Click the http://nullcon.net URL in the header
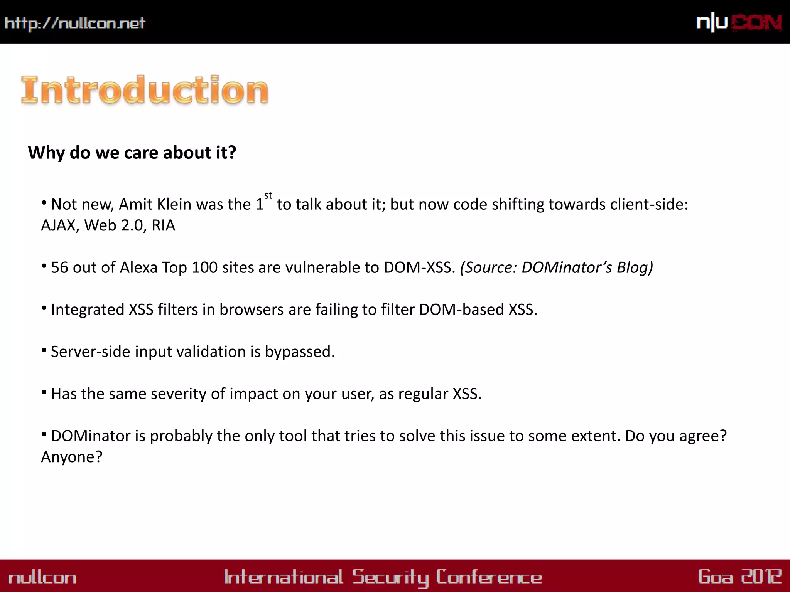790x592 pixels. [x=75, y=24]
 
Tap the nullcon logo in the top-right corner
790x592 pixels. [x=739, y=23]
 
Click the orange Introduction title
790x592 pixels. [x=145, y=90]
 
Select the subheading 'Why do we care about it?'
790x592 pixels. [x=132, y=153]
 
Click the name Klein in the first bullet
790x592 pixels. [x=173, y=204]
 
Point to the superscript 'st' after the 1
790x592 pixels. [x=268, y=195]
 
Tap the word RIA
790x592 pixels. [x=163, y=225]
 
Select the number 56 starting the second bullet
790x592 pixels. [x=59, y=267]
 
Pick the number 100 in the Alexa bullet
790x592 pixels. [x=204, y=267]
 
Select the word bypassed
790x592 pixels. [x=300, y=352]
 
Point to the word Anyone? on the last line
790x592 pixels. [x=72, y=457]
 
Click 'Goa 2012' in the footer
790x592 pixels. [x=740, y=577]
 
